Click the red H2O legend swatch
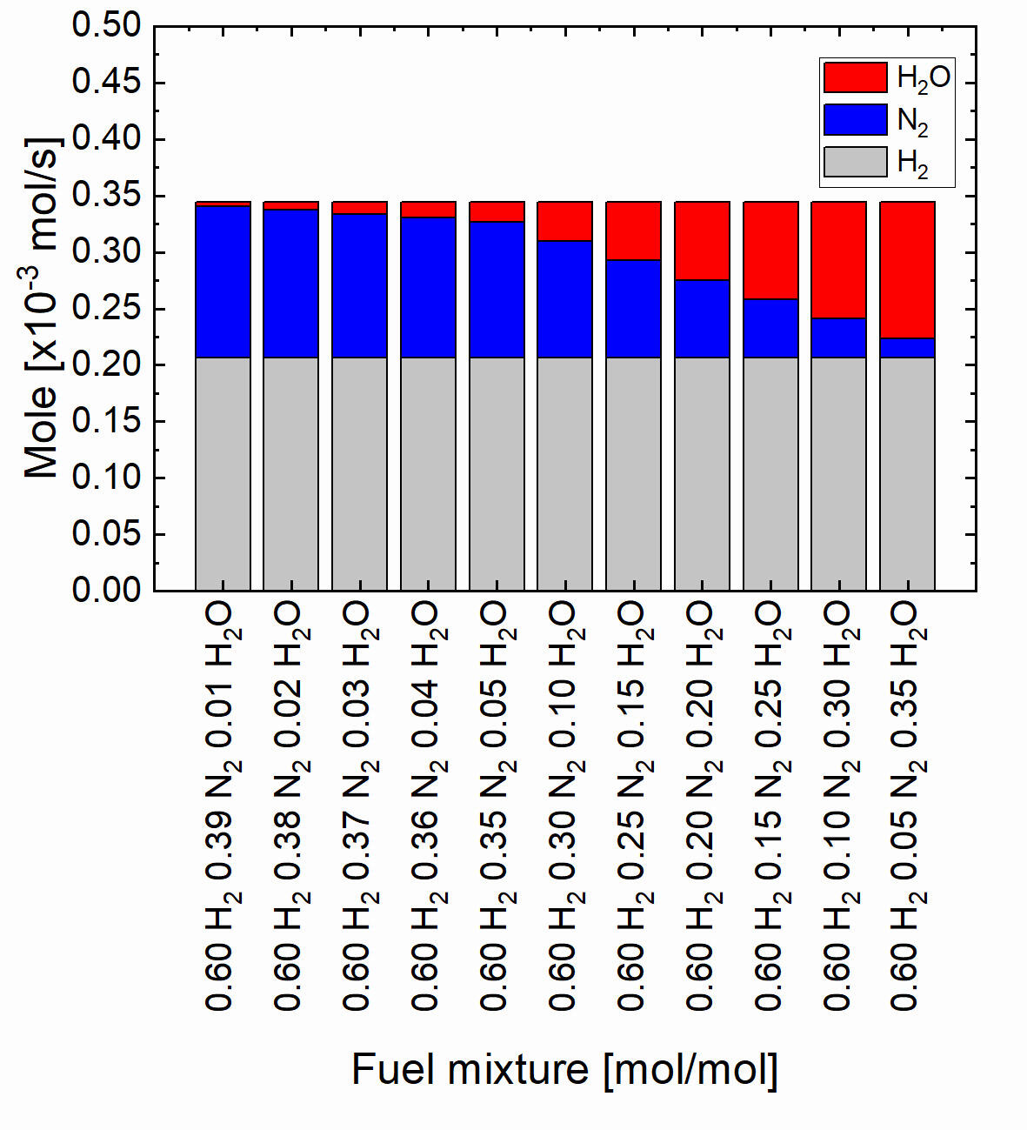(855, 77)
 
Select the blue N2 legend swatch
(855, 120)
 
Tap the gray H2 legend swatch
(855, 163)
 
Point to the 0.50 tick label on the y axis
(106, 25)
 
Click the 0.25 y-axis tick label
(106, 309)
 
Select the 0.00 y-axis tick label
(106, 590)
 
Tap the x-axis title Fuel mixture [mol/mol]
(564, 1068)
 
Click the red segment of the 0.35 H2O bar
(907, 270)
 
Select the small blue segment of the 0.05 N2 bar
(907, 347)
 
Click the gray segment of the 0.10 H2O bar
(564, 474)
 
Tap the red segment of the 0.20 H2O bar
(702, 241)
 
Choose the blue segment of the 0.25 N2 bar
(633, 308)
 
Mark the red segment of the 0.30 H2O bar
(838, 260)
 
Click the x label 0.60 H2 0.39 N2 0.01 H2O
(223, 805)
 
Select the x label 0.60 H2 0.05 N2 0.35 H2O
(907, 805)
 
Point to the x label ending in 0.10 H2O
(564, 805)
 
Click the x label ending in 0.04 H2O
(428, 805)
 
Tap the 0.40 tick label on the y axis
(106, 138)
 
